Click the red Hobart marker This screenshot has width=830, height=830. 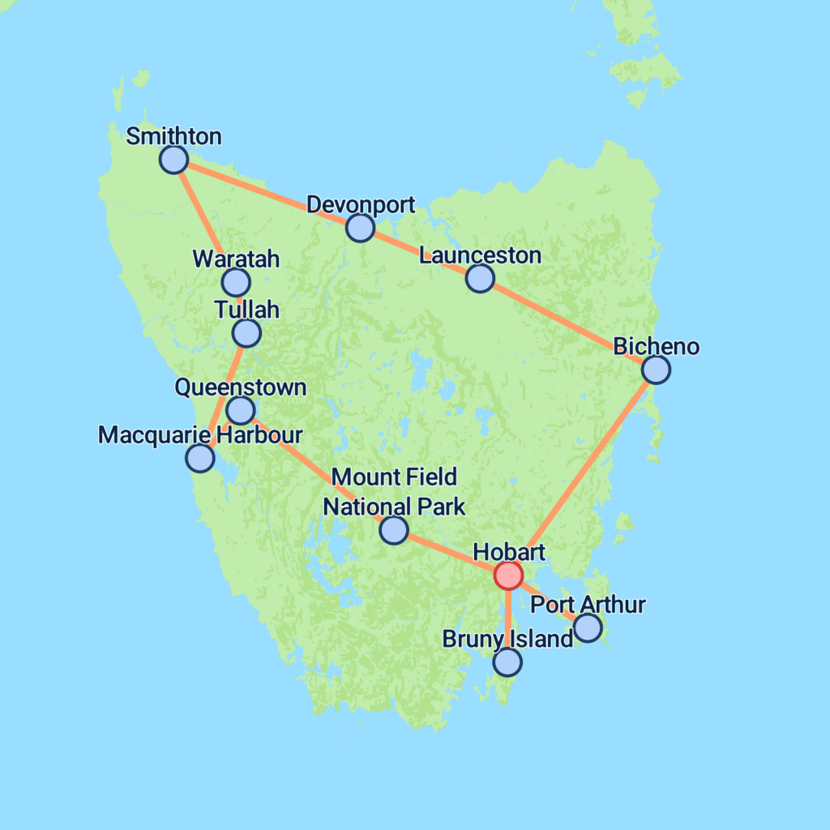pos(508,575)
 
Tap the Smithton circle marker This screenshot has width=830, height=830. pos(173,160)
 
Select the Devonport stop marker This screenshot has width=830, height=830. pos(360,228)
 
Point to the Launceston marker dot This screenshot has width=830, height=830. pos(480,278)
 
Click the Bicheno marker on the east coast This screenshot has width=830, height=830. pos(656,370)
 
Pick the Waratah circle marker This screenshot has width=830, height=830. pos(236,282)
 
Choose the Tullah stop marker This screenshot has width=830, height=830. pos(246,332)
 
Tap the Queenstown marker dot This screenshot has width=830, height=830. pos(241,409)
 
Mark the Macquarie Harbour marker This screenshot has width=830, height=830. pos(200,457)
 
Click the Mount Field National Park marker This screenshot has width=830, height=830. pos(394,529)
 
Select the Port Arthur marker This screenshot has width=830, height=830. pos(588,627)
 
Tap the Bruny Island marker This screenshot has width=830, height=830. pos(507,662)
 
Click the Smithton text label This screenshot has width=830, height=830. pos(173,136)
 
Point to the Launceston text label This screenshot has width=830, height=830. pos(480,255)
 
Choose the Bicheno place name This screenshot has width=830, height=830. pos(656,347)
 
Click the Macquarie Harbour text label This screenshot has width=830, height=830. pos(200,434)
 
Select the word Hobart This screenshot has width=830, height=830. pos(508,552)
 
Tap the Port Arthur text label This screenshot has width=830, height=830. pos(588,605)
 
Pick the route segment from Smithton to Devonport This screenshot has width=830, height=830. pos(267,194)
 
